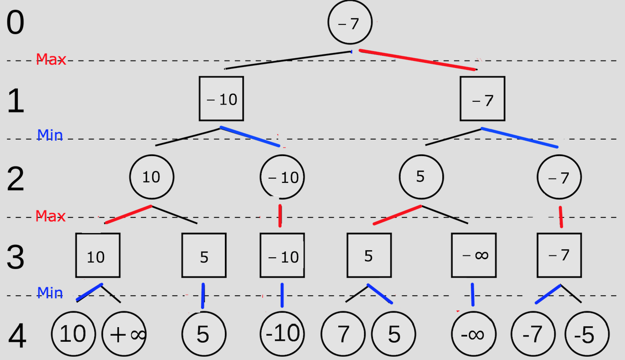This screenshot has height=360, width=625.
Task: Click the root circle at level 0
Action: (x=350, y=23)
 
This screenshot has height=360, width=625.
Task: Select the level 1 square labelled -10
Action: (x=222, y=99)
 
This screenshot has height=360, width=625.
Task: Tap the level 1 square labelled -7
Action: (x=482, y=99)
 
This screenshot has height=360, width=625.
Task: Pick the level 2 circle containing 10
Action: (x=151, y=177)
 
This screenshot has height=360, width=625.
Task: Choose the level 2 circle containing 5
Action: (x=421, y=177)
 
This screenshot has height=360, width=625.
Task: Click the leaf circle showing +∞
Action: (x=125, y=334)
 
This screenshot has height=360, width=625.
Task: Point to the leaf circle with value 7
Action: (x=343, y=334)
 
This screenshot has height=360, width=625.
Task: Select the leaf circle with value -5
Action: (x=587, y=334)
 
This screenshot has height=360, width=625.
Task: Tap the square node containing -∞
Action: (x=473, y=255)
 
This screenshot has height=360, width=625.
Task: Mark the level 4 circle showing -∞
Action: (x=473, y=334)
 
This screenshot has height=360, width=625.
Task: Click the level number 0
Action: (x=15, y=23)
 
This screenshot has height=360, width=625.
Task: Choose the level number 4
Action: (x=17, y=337)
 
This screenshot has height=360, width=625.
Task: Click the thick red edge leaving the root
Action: (x=417, y=60)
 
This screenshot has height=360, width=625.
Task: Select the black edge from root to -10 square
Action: (x=288, y=60)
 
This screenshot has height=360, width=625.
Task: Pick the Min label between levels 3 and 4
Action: (x=50, y=293)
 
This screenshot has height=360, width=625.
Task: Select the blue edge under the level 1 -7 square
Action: (x=520, y=137)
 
